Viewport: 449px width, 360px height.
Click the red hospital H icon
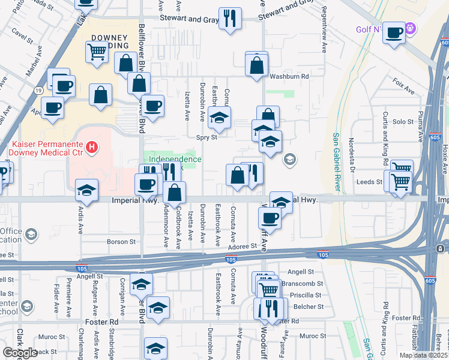[91, 146]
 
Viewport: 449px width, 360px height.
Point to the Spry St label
[207, 137]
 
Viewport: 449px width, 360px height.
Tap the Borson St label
[121, 242]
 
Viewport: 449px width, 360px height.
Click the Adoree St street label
[242, 246]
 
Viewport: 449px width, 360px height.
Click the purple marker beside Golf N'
[411, 27]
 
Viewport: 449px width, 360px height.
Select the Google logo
[20, 353]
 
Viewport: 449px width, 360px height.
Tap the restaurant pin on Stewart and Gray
[229, 18]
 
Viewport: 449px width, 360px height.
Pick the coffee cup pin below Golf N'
[394, 32]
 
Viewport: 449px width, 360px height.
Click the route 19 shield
[37, 91]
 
